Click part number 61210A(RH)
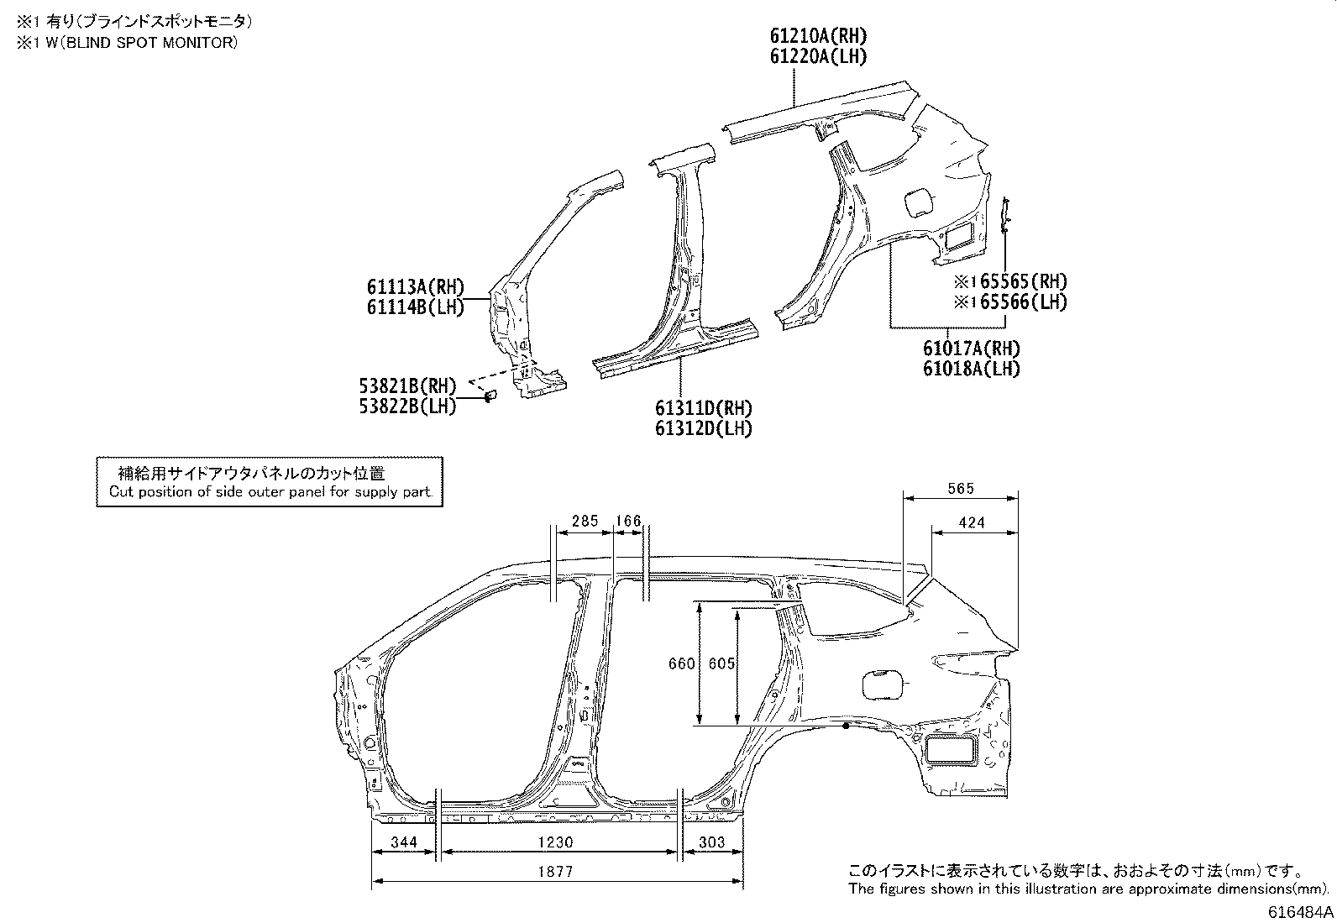pos(818,36)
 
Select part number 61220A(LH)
pos(818,56)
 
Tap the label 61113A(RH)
pos(415,287)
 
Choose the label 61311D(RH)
pos(704,408)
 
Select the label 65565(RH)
pos(1019,281)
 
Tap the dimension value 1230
pos(557,842)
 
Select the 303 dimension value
pos(711,842)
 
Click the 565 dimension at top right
pos(959,489)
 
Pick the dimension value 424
pos(971,522)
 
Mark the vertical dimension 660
pos(681,663)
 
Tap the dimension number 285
pos(584,521)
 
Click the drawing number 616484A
pos(1298,912)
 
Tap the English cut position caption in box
pos(270,492)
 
